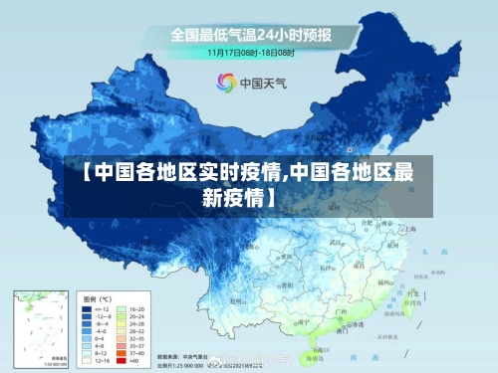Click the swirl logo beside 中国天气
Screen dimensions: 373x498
pyautogui.click(x=225, y=84)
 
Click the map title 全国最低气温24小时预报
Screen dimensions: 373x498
pyautogui.click(x=251, y=33)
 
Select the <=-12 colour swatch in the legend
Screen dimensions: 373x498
pyautogui.click(x=87, y=309)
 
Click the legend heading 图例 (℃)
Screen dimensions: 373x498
pyautogui.click(x=98, y=298)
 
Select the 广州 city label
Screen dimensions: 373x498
pyautogui.click(x=342, y=314)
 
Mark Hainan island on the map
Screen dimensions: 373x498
pyautogui.click(x=317, y=349)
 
